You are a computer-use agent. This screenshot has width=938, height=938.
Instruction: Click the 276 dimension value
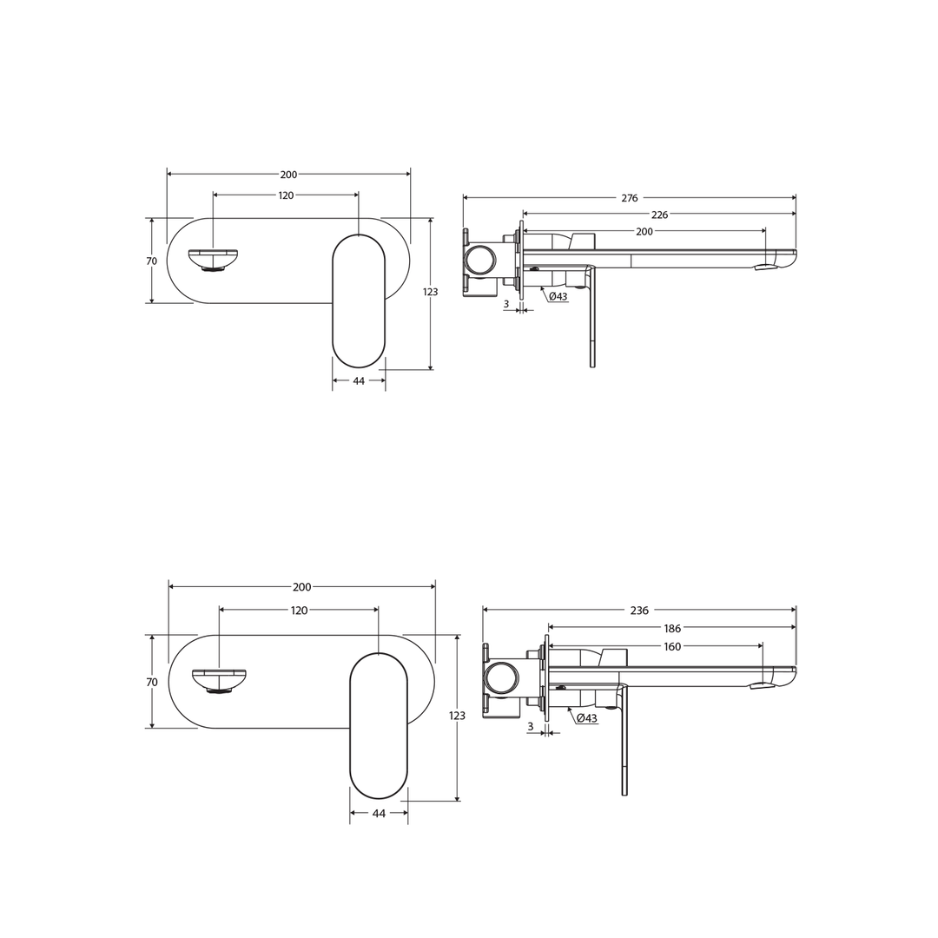pyautogui.click(x=630, y=198)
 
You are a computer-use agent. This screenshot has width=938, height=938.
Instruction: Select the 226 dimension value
pyautogui.click(x=659, y=215)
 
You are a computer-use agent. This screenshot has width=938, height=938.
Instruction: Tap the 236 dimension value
pyautogui.click(x=639, y=611)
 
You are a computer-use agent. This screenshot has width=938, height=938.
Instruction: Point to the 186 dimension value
pyautogui.click(x=672, y=627)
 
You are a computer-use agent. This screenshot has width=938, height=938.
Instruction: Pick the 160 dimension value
pyautogui.click(x=672, y=646)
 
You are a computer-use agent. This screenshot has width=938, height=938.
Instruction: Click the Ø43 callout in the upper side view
pyautogui.click(x=558, y=297)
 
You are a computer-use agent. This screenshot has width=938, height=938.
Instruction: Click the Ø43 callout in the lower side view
pyautogui.click(x=586, y=718)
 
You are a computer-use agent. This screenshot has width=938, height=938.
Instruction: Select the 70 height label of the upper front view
pyautogui.click(x=151, y=261)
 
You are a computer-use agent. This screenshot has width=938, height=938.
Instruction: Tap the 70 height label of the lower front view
pyautogui.click(x=152, y=683)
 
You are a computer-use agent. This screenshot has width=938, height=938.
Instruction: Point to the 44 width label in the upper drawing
pyautogui.click(x=359, y=381)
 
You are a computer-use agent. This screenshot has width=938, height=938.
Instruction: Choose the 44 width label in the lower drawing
pyautogui.click(x=379, y=814)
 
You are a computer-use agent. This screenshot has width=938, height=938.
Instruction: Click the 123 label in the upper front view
pyautogui.click(x=430, y=292)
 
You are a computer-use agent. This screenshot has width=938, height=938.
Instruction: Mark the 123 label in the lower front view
pyautogui.click(x=457, y=716)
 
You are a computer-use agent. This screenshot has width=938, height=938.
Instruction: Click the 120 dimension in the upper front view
pyautogui.click(x=286, y=195)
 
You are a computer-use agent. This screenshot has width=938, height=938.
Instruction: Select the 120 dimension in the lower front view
pyautogui.click(x=299, y=611)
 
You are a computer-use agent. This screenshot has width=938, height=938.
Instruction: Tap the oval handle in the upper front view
pyautogui.click(x=359, y=301)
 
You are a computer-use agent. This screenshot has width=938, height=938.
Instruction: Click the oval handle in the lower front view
pyautogui.click(x=379, y=725)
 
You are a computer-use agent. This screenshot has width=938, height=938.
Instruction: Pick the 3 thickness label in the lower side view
pyautogui.click(x=531, y=727)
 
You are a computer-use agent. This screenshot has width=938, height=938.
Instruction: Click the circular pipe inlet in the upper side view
pyautogui.click(x=480, y=260)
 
